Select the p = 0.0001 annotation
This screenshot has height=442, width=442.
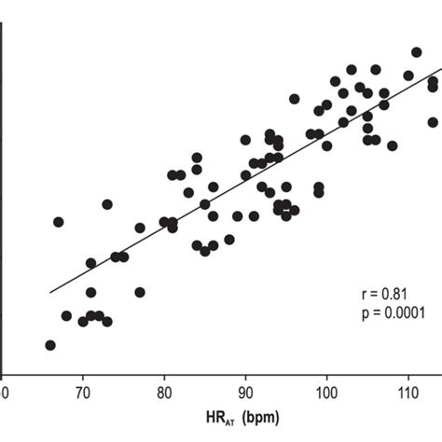pos(395,313)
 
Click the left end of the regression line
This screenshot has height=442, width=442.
pos(51,292)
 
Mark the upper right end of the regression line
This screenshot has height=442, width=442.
pos(440,68)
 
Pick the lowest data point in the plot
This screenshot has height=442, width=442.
pos(50,345)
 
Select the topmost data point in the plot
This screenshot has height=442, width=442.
pos(417,53)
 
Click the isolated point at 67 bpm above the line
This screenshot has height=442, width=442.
pos(59,222)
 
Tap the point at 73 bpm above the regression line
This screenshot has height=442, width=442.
pos(107,204)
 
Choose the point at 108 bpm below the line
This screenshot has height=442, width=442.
pos(393,145)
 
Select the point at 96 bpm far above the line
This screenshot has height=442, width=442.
pos(295,99)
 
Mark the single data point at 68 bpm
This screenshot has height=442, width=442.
pos(66,316)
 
